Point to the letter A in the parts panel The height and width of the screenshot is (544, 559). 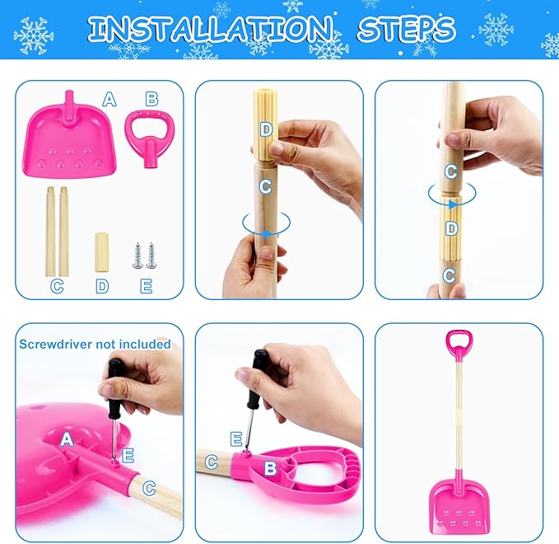pos(109,101)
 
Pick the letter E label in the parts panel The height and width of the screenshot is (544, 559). pos(146,286)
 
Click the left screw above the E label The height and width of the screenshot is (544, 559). pos(137,255)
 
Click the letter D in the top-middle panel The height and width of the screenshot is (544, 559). pos(265,129)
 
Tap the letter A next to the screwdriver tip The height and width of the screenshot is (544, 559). pos(67,440)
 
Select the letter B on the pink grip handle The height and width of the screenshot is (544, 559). pos(269,468)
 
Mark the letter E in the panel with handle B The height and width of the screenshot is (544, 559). pos(237,438)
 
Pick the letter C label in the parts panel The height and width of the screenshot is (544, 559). pos(57,286)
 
